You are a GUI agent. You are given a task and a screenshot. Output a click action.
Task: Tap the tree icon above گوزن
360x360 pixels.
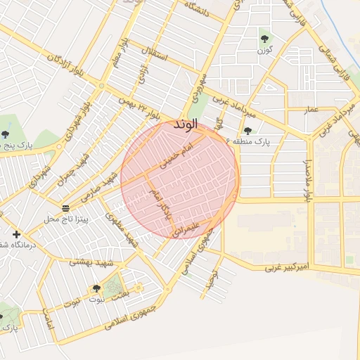pyautogui.click(x=264, y=39)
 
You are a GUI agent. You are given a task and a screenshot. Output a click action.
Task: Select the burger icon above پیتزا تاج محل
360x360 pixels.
pyautogui.click(x=65, y=208)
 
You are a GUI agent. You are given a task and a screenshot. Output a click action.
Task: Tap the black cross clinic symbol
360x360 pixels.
pyautogui.click(x=16, y=234)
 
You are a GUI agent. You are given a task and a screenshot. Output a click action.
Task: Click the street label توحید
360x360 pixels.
pyautogui.click(x=210, y=281)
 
